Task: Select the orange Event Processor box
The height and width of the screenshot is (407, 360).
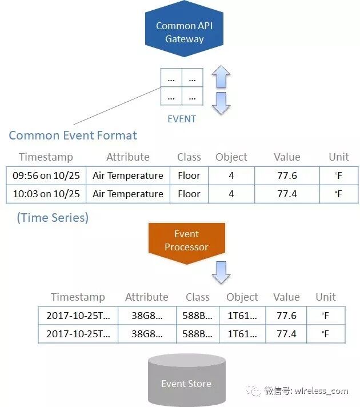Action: click(186, 241)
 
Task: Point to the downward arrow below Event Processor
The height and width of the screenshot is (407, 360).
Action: click(221, 273)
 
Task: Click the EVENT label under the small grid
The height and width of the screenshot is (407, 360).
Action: click(182, 119)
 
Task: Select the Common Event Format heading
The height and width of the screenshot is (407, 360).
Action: click(73, 135)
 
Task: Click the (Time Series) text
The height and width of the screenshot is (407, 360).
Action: click(53, 218)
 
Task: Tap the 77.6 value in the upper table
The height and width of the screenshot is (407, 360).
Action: click(287, 175)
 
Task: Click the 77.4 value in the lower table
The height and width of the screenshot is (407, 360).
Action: click(286, 334)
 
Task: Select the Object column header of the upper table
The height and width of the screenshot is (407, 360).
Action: click(231, 157)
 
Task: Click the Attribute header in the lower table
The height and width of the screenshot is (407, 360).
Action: click(147, 297)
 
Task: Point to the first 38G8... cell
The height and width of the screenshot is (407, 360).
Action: click(147, 316)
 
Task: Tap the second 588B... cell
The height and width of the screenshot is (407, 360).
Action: click(198, 334)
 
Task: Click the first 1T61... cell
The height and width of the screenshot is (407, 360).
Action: click(242, 316)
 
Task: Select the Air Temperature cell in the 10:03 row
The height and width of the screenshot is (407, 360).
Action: click(128, 194)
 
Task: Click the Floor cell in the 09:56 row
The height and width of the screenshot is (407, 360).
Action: click(189, 175)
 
